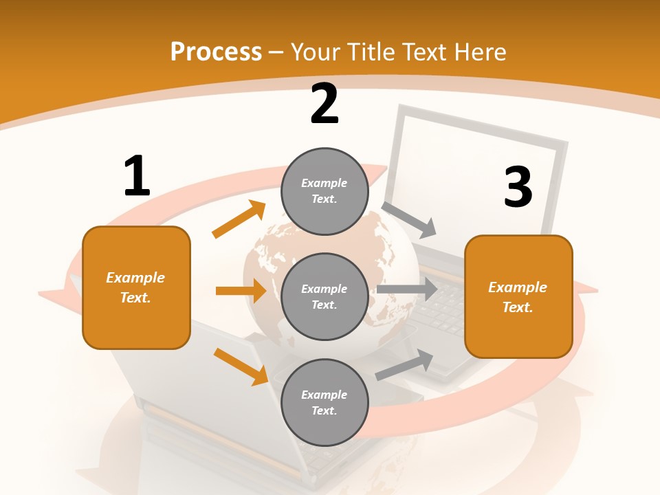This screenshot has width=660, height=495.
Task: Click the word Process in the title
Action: point(216,52)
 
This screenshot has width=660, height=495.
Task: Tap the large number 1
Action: point(137,177)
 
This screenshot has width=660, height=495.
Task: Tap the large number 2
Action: point(324,104)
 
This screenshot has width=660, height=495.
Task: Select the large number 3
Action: point(518,187)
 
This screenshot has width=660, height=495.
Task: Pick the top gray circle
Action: point(324,191)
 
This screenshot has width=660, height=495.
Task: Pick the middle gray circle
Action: point(324,296)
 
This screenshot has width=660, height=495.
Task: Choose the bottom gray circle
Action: point(324,402)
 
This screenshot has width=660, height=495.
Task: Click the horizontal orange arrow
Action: point(241,291)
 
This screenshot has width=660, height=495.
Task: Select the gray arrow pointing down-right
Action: point(409,220)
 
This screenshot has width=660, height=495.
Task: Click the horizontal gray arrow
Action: point(406,289)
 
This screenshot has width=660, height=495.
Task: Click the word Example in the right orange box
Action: point(518,287)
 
